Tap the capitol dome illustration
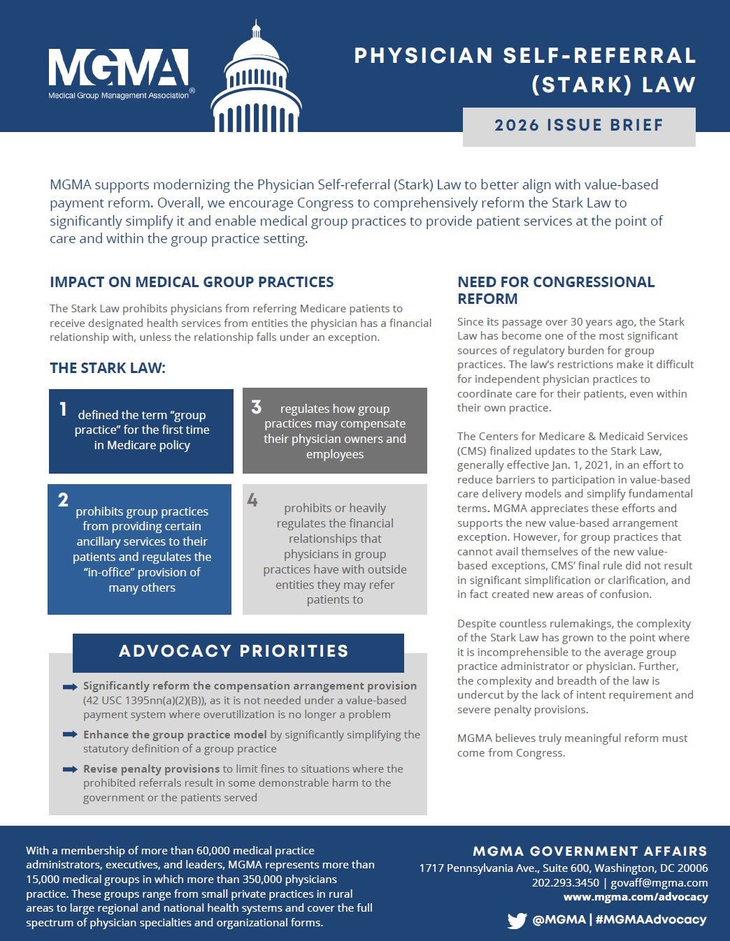pos(256,84)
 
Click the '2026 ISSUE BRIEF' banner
pos(579,126)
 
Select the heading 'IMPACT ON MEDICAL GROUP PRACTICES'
pos(192,282)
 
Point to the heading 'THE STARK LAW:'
pos(108,368)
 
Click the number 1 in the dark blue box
pos(63,409)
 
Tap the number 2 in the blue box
pos(63,499)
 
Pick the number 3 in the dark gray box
pos(256,407)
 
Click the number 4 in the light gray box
pos(252,500)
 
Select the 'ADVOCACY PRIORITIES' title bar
pos(238,652)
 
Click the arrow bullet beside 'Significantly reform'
pos(70,687)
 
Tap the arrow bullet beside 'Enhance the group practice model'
pos(70,735)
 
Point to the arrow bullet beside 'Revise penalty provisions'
pos(70,769)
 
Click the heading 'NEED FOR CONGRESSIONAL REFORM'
pos(556,290)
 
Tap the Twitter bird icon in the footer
pos(517,920)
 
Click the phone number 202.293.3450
pos(565,882)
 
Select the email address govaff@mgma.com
pos(659,882)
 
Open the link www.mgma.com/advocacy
pos(636,897)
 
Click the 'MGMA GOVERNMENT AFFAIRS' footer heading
pos(590,852)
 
